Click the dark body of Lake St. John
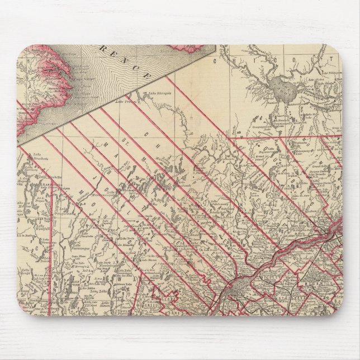pos(278,87)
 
